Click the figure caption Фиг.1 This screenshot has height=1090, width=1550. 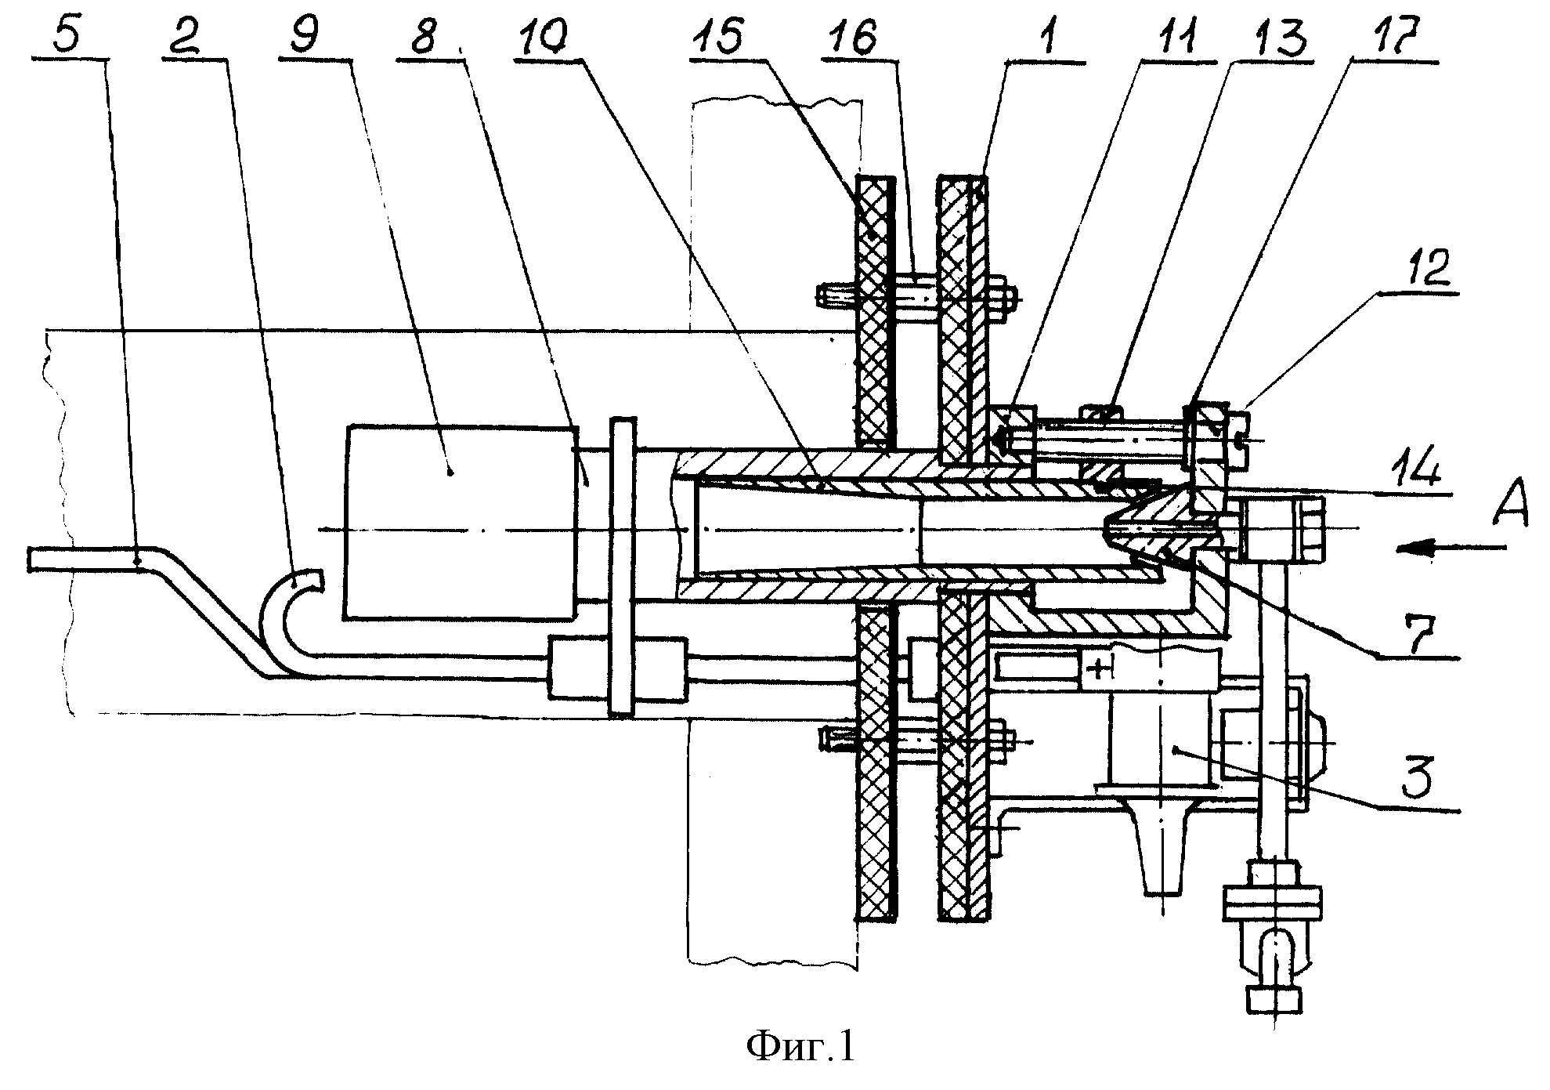[x=800, y=1048]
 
